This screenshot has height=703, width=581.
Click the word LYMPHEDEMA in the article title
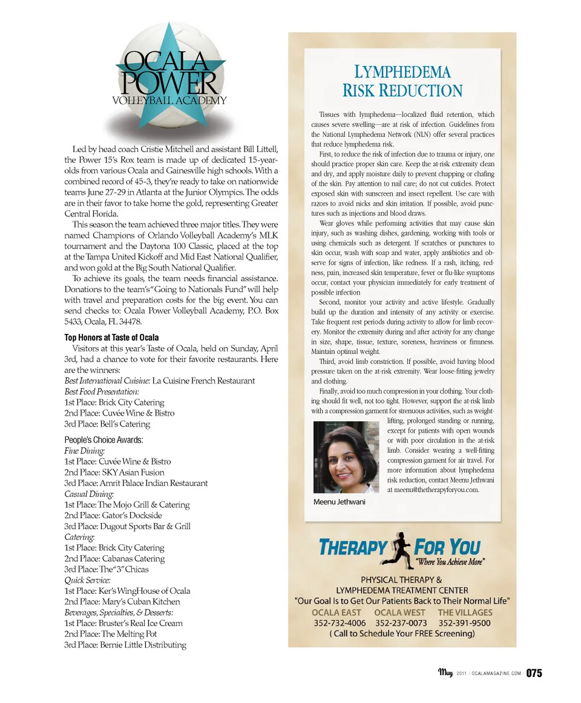(402, 72)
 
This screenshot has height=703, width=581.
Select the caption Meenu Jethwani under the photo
(339, 502)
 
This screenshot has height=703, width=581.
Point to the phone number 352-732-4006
(340, 623)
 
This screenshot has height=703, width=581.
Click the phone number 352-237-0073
(401, 623)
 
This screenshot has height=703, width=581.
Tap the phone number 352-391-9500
(464, 623)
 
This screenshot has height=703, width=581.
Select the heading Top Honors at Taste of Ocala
(111, 338)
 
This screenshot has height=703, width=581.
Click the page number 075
(534, 673)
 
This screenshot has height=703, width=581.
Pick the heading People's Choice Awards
(103, 440)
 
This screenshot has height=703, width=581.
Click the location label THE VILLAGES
(465, 612)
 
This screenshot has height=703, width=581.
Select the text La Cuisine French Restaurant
(203, 381)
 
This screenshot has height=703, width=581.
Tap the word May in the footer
(445, 673)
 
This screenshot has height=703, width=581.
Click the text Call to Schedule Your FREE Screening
(402, 634)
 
